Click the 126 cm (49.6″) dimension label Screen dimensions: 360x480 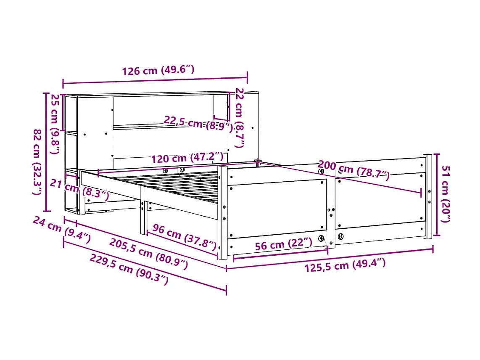pyautogui.click(x=158, y=70)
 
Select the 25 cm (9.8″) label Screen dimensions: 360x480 pyautogui.click(x=55, y=118)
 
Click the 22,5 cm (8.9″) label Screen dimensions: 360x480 pyautogui.click(x=198, y=123)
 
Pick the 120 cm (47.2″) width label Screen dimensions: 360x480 pyautogui.click(x=187, y=158)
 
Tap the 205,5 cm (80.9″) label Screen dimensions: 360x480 pyautogui.click(x=148, y=254)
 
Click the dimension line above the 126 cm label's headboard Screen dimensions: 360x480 pyautogui.click(x=155, y=80)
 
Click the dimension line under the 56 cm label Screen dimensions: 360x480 pyautogui.click(x=280, y=253)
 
